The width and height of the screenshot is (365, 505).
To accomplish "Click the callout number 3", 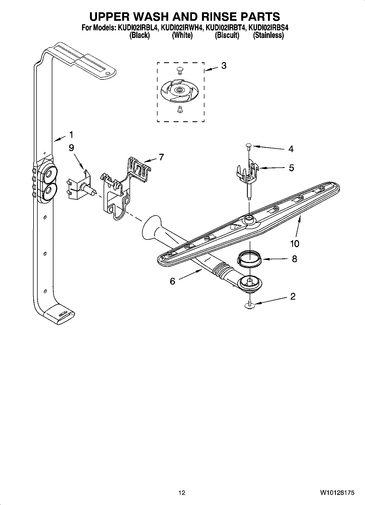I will [224, 66].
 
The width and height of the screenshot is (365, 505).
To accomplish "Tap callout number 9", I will [71, 148].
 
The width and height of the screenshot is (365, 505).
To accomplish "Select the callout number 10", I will [295, 243].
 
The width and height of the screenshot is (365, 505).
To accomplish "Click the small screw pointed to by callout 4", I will [249, 146].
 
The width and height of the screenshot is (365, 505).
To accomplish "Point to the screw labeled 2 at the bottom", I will [249, 305].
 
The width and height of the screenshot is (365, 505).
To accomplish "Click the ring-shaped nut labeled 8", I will [249, 259].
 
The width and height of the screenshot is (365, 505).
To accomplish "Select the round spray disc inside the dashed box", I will [179, 90].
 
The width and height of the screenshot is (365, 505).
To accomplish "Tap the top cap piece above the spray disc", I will [179, 70].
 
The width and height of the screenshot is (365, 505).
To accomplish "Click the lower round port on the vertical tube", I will [49, 192].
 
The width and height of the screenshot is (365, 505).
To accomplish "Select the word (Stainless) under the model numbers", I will [268, 35].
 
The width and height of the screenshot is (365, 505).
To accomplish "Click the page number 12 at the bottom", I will [182, 493].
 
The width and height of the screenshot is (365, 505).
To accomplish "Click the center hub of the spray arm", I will [249, 218].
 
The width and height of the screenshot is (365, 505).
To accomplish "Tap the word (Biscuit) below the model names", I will [227, 35].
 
